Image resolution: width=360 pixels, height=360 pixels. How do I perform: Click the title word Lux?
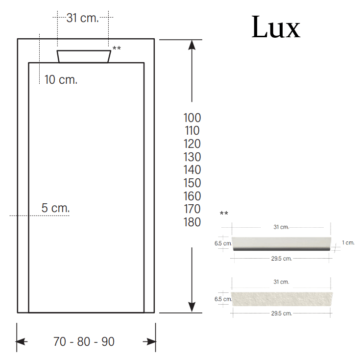coord(276,27)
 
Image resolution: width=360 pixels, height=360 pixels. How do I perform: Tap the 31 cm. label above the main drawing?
coord(83,19)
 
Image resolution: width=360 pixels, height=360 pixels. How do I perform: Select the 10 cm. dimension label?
coord(61,79)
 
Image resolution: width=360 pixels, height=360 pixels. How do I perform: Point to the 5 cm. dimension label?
coord(55,208)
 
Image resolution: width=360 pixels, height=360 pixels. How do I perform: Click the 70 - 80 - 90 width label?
coord(84,341)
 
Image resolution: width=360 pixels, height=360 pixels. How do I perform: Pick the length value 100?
coord(192,118)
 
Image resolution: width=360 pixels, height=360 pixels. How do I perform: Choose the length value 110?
coord(192,131)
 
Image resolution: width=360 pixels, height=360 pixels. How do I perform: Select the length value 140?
coord(192,170)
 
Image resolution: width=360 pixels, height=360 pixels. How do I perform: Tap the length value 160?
coord(192,196)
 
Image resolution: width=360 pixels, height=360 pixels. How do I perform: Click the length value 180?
coord(192,222)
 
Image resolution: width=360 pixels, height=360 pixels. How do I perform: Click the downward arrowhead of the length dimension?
coord(192,307)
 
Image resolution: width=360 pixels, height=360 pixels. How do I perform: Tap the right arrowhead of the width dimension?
coord(149,341)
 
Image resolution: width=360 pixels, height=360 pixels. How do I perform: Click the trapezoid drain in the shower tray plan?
coord(84,56)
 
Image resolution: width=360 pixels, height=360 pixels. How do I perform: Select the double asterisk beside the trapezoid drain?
coord(117,48)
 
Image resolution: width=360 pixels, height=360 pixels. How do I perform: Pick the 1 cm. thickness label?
coord(348,242)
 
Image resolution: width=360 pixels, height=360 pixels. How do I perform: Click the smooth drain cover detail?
coord(281,243)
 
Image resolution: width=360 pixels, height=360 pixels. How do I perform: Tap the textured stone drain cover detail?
coord(281,299)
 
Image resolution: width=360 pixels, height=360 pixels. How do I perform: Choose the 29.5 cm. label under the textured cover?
coord(281,313)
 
